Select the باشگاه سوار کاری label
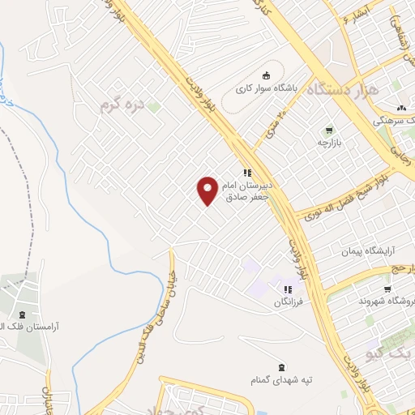pyautogui.click(x=267, y=88)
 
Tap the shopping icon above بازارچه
pyautogui.click(x=329, y=130)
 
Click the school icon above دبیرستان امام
pyautogui.click(x=247, y=173)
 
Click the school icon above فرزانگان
pyautogui.click(x=287, y=289)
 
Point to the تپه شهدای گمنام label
pyautogui.click(x=280, y=379)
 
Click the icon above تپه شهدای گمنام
pyautogui.click(x=281, y=366)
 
